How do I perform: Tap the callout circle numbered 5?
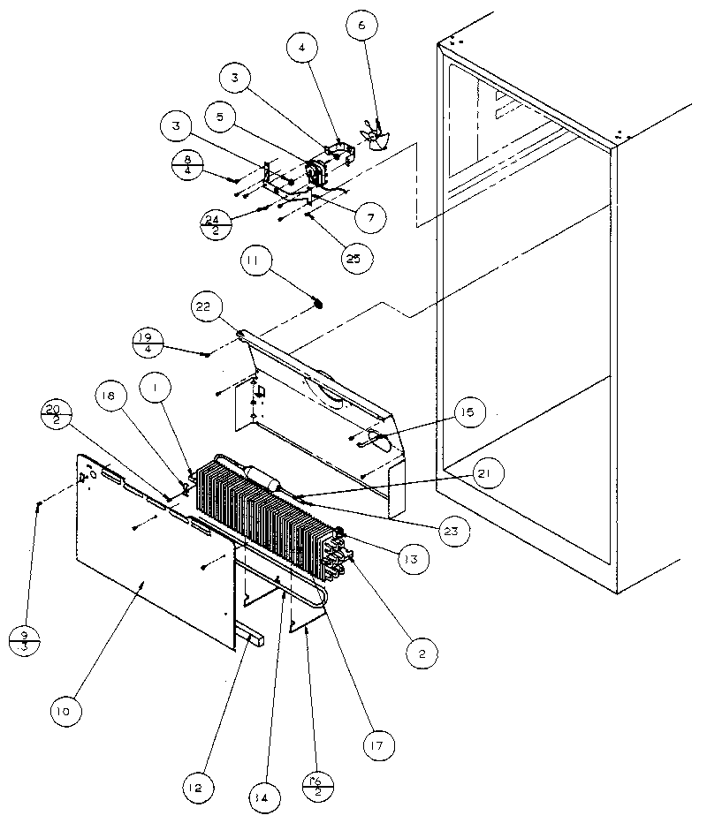click(221, 115)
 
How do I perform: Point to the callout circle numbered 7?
click(370, 216)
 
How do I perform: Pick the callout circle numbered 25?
click(354, 259)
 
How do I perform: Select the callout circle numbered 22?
click(202, 307)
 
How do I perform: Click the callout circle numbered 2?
click(423, 654)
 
